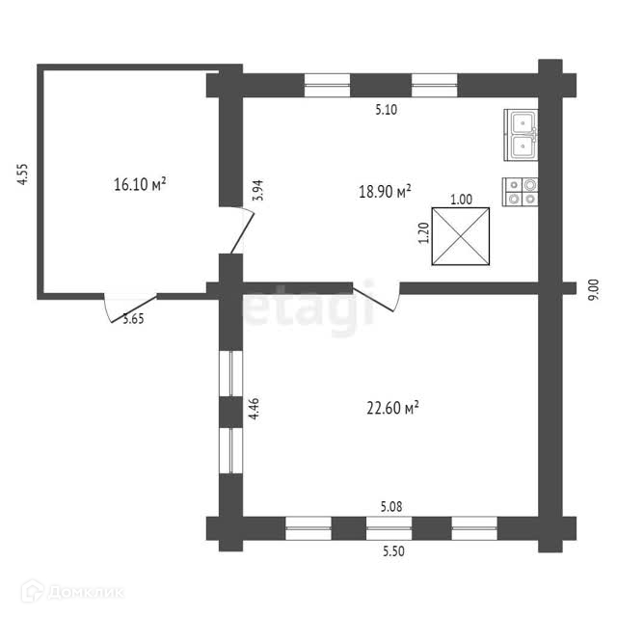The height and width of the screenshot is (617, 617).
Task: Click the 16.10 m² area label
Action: click(141, 183)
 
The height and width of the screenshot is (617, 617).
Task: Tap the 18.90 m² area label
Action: click(386, 191)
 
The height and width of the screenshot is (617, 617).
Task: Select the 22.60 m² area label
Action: click(390, 409)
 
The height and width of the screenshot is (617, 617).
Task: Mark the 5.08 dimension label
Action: click(391, 505)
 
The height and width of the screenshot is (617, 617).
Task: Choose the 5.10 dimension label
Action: click(387, 110)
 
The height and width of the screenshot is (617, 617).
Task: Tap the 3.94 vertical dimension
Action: click(256, 190)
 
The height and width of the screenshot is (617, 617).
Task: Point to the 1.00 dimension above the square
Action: click(461, 200)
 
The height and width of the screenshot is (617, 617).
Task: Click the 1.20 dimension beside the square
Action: click(422, 234)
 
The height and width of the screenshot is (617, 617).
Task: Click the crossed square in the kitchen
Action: click(461, 237)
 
